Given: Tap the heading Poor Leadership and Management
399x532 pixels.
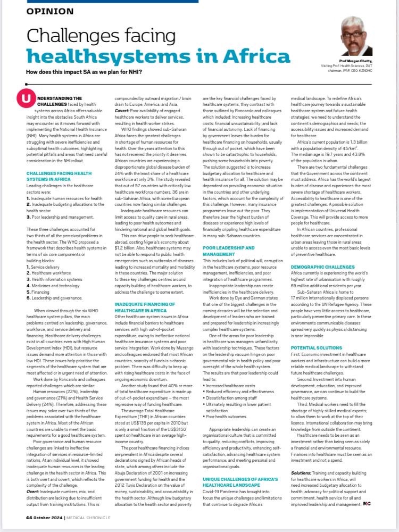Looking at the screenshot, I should pos(229,251).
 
